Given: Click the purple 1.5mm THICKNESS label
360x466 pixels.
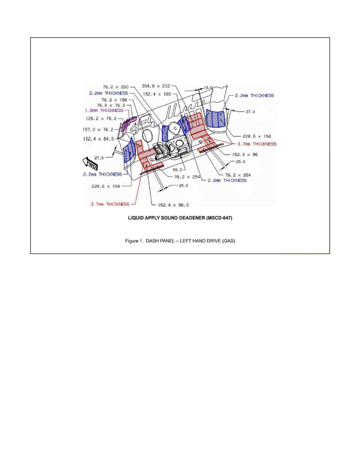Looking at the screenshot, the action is click(104, 111).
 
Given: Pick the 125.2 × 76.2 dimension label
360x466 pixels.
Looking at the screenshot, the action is click(101, 118).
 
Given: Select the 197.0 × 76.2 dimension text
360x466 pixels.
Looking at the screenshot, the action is click(101, 129).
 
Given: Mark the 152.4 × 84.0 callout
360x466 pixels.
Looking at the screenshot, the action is click(98, 138).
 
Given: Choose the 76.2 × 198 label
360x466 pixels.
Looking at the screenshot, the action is click(115, 100).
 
